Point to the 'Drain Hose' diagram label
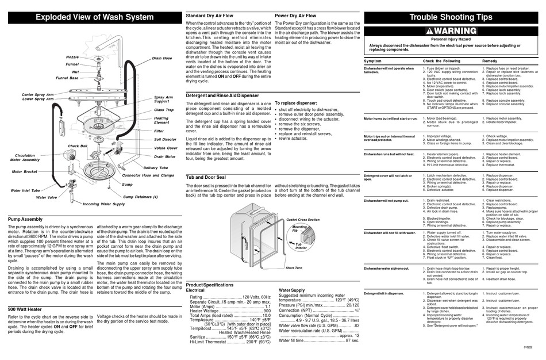tap(162, 58)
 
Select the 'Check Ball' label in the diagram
tap(78, 146)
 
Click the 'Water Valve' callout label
tap(47, 197)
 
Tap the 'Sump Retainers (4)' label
tap(140, 197)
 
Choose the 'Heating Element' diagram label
tap(162, 120)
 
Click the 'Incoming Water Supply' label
tap(103, 204)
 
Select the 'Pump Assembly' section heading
tap(28, 220)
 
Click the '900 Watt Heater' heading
tap(28, 309)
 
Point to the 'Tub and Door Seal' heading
tap(210, 177)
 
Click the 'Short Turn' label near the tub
tap(294, 267)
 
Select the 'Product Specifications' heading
tap(210, 285)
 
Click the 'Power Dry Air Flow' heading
tap(295, 16)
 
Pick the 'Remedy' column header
tap(490, 60)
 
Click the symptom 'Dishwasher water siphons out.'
tap(389, 268)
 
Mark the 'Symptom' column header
tap(372, 60)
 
